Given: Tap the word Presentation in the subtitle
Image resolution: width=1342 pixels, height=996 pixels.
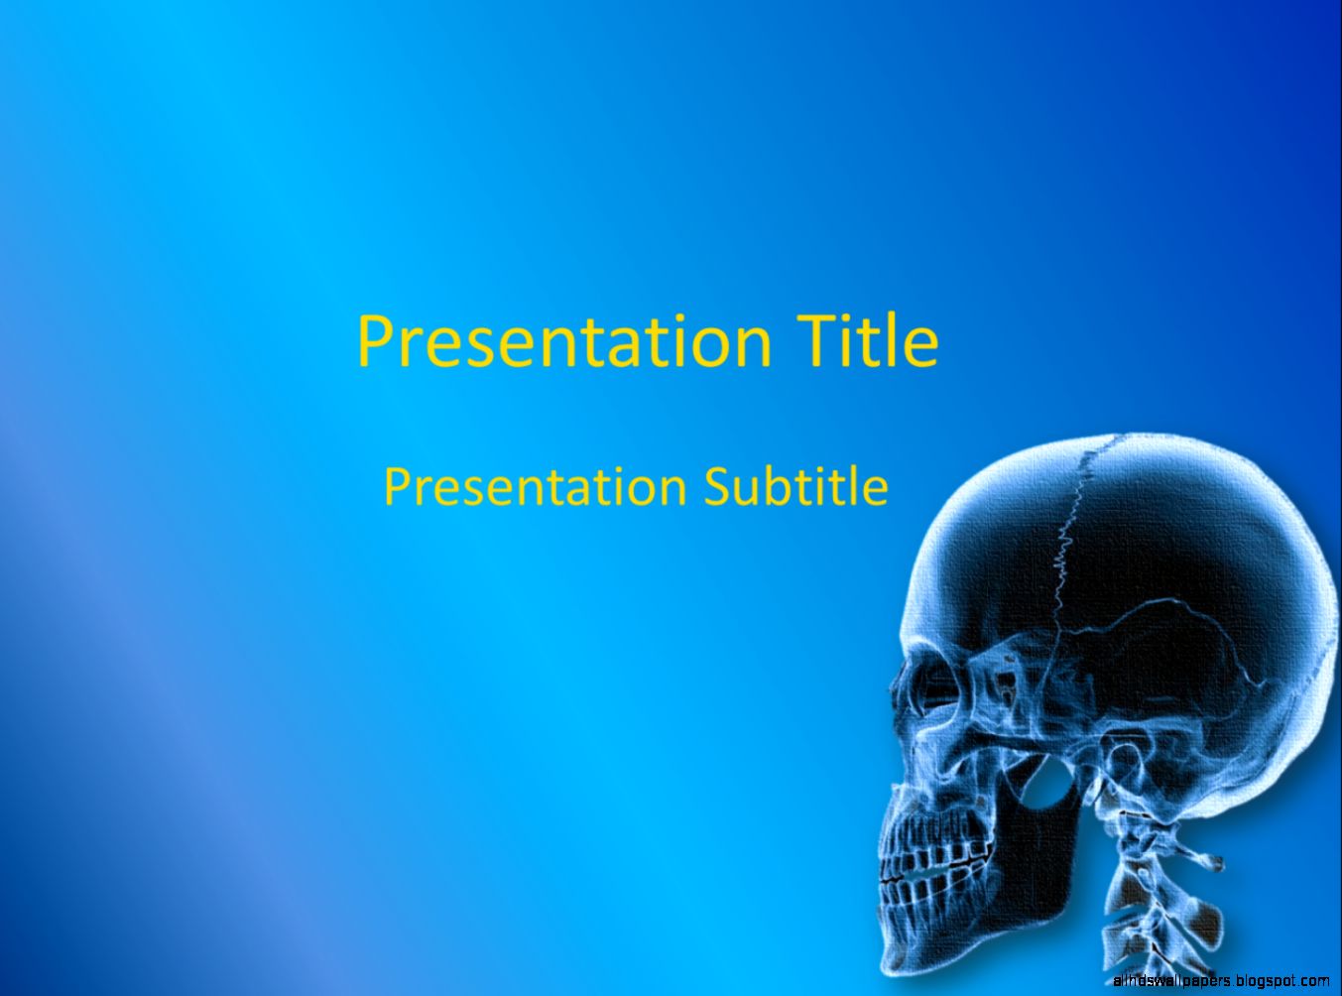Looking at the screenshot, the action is (x=536, y=486).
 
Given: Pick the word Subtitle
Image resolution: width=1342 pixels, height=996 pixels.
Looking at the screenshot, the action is (x=795, y=486).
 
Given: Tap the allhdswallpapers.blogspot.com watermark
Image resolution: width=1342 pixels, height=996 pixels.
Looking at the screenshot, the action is (x=1221, y=980).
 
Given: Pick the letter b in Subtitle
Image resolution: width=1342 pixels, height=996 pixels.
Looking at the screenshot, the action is (x=773, y=486).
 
